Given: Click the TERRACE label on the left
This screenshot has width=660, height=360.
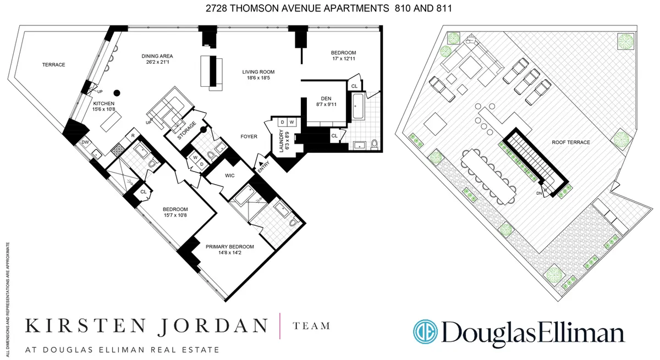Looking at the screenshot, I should pyautogui.click(x=54, y=65).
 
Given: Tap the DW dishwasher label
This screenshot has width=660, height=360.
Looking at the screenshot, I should pyautogui.click(x=85, y=142).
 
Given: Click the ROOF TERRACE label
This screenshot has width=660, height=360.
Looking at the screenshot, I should pyautogui.click(x=571, y=142).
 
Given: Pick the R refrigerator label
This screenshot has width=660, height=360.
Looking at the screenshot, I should pyautogui.click(x=133, y=135).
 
